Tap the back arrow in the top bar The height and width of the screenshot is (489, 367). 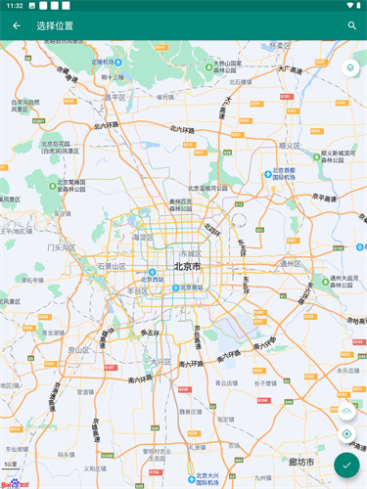tap(16, 25)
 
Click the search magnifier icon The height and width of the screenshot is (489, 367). tap(351, 25)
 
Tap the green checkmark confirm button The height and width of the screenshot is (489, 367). tap(346, 465)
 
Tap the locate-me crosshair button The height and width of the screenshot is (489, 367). tap(346, 433)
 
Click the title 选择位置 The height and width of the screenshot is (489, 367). tap(54, 25)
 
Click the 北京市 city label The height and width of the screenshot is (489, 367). tap(187, 266)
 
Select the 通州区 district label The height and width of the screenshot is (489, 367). tap(293, 264)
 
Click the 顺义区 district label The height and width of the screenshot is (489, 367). tap(289, 145)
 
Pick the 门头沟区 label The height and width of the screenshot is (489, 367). tap(61, 247)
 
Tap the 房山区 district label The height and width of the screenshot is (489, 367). tap(78, 348)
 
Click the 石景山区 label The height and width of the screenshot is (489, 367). tap(112, 265)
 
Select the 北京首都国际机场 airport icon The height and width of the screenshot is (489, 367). tap(269, 173)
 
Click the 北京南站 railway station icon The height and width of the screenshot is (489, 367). tap(176, 288)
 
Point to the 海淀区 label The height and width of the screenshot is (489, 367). tap(143, 237)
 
